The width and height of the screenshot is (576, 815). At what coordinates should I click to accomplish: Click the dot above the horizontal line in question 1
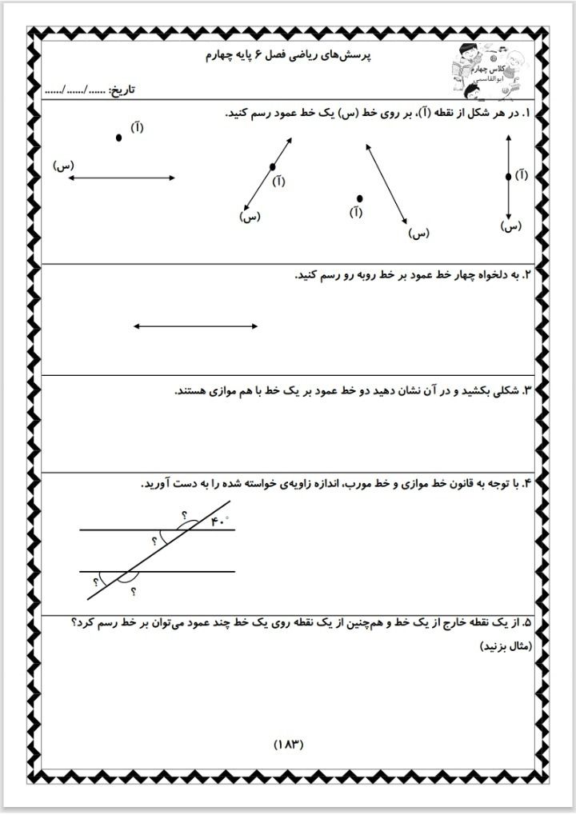119,138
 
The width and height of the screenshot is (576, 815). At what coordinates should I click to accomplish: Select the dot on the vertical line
509,177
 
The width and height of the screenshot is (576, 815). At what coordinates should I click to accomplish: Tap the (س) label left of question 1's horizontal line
64,166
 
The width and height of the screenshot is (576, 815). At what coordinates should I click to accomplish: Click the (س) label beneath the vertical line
510,226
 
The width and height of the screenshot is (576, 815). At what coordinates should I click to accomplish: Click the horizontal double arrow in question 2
195,326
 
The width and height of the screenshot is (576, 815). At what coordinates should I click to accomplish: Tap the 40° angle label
219,521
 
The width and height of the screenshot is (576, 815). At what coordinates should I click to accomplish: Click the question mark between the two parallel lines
154,541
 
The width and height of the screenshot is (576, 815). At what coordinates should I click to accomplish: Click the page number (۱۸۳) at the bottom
289,743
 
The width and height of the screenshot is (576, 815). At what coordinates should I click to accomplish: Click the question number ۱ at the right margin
526,114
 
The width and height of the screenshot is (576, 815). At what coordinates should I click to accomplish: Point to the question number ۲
526,276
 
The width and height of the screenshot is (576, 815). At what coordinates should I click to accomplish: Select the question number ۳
526,391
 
